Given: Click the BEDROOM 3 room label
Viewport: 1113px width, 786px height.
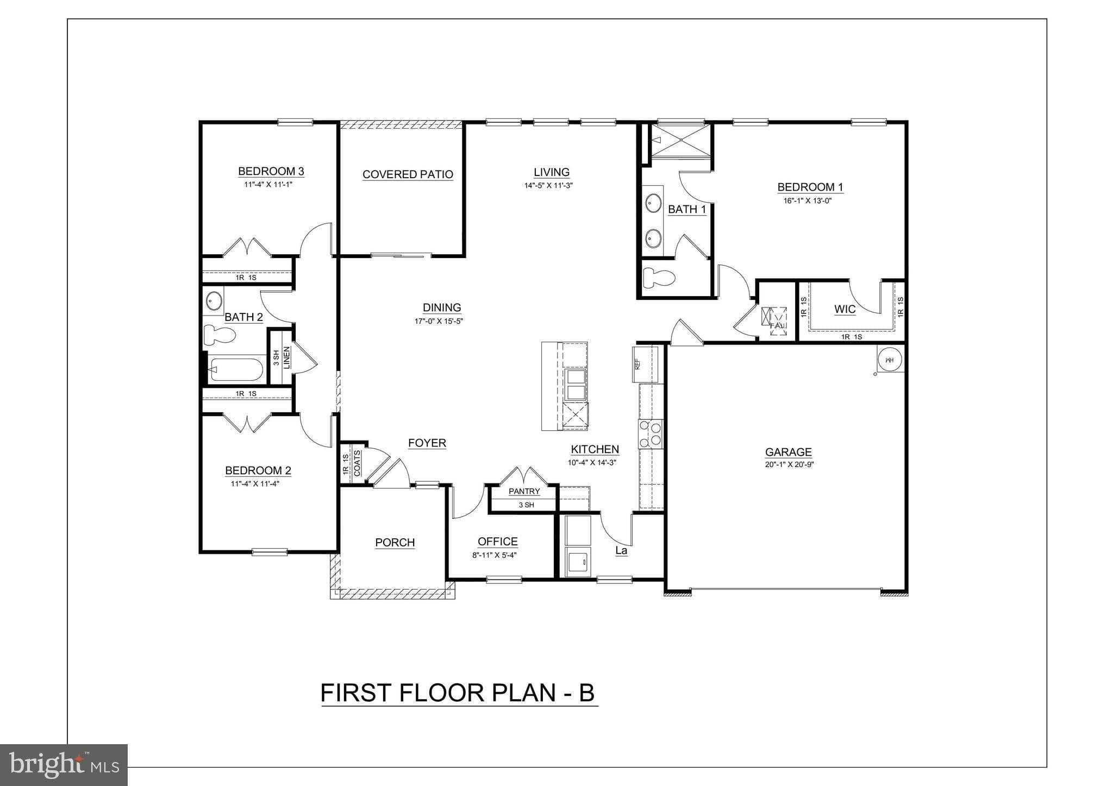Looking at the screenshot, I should (271, 172).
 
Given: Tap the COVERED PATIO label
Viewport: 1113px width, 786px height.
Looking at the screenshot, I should (408, 174).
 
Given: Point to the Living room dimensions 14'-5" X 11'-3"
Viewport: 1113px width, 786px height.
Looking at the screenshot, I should (549, 185).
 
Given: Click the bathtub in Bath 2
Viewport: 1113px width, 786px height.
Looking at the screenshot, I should (236, 370).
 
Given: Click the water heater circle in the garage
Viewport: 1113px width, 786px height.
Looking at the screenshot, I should (890, 360).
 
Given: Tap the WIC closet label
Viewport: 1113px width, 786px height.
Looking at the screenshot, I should (845, 310).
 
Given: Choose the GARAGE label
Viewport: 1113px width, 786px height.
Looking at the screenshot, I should (788, 452).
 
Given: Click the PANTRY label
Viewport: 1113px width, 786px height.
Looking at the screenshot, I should (524, 492).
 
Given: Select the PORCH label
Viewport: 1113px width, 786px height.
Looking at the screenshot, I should (395, 543).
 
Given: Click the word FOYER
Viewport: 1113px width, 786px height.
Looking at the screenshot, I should (427, 443).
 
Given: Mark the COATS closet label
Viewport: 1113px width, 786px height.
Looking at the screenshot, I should (357, 463).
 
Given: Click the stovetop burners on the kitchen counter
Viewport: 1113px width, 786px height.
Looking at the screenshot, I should (651, 434).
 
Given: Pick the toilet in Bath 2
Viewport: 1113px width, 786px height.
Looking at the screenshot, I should (219, 335).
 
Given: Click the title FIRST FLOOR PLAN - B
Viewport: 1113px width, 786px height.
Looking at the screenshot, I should (458, 693).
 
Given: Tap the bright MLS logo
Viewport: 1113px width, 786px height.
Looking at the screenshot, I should (64, 764).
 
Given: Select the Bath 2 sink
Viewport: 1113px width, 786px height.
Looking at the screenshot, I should (214, 300).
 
